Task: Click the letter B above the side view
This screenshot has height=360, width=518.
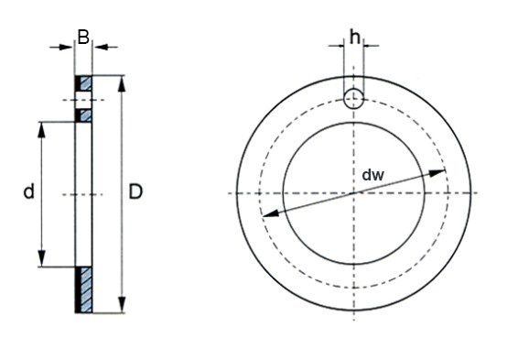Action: [x=83, y=38]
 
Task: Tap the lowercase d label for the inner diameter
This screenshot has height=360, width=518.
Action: [x=28, y=192]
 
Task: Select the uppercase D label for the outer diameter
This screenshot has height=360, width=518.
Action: [x=135, y=192]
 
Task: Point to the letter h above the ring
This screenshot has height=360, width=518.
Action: [x=353, y=38]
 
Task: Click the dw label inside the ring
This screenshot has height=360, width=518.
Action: [x=372, y=174]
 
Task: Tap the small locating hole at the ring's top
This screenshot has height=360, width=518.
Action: [x=353, y=98]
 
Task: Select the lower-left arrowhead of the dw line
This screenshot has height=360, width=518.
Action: [x=268, y=214]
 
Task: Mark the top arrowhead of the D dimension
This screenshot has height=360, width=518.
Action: [x=121, y=80]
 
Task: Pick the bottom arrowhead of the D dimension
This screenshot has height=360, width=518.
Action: [x=121, y=307]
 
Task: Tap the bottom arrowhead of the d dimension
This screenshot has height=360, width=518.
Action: [x=40, y=262]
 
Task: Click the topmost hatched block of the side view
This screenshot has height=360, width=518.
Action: [x=83, y=82]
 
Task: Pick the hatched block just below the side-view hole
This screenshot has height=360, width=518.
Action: [x=83, y=115]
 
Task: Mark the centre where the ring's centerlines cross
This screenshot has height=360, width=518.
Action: [x=353, y=193]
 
